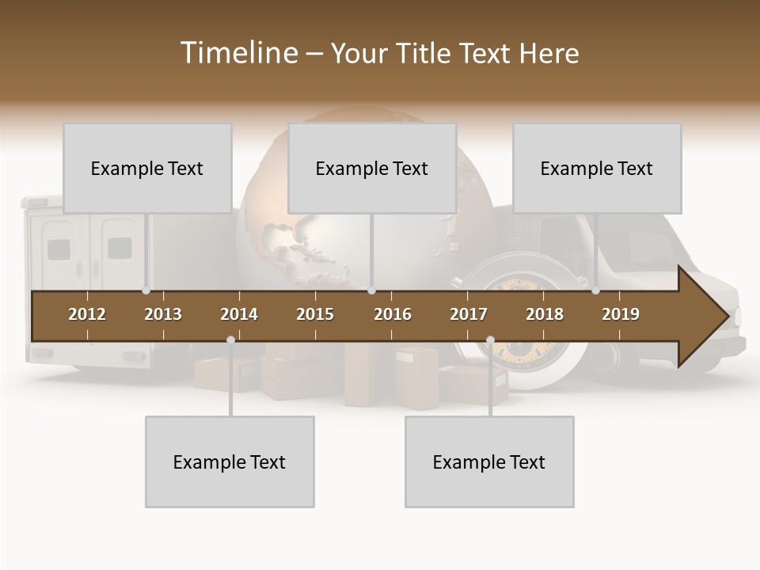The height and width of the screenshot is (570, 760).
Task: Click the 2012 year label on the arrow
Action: pyautogui.click(x=87, y=314)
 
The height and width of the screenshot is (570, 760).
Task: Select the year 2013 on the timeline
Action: pyautogui.click(x=163, y=314)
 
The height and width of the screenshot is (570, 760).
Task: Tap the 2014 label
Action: pyautogui.click(x=239, y=314)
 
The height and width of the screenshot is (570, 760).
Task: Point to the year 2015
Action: pyautogui.click(x=315, y=314)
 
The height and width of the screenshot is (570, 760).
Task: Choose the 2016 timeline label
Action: pyautogui.click(x=393, y=314)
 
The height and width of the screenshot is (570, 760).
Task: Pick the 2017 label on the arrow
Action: pyautogui.click(x=469, y=314)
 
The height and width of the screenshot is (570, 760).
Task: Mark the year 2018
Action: pyautogui.click(x=545, y=314)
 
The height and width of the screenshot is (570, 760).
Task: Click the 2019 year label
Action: pyautogui.click(x=621, y=314)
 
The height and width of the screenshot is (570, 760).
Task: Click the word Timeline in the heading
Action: pyautogui.click(x=238, y=53)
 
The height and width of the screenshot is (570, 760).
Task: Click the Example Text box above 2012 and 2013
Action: pyautogui.click(x=147, y=168)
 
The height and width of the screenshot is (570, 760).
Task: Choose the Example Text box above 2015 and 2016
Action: pyautogui.click(x=372, y=168)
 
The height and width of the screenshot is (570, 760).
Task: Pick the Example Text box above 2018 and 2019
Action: pyautogui.click(x=597, y=168)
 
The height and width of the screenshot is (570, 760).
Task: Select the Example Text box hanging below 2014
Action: pyautogui.click(x=230, y=462)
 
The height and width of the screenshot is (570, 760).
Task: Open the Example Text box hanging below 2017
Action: pyautogui.click(x=489, y=462)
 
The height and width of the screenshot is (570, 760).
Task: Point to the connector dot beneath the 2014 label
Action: pyautogui.click(x=230, y=340)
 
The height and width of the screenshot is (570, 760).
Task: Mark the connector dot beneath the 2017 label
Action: pyautogui.click(x=490, y=340)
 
